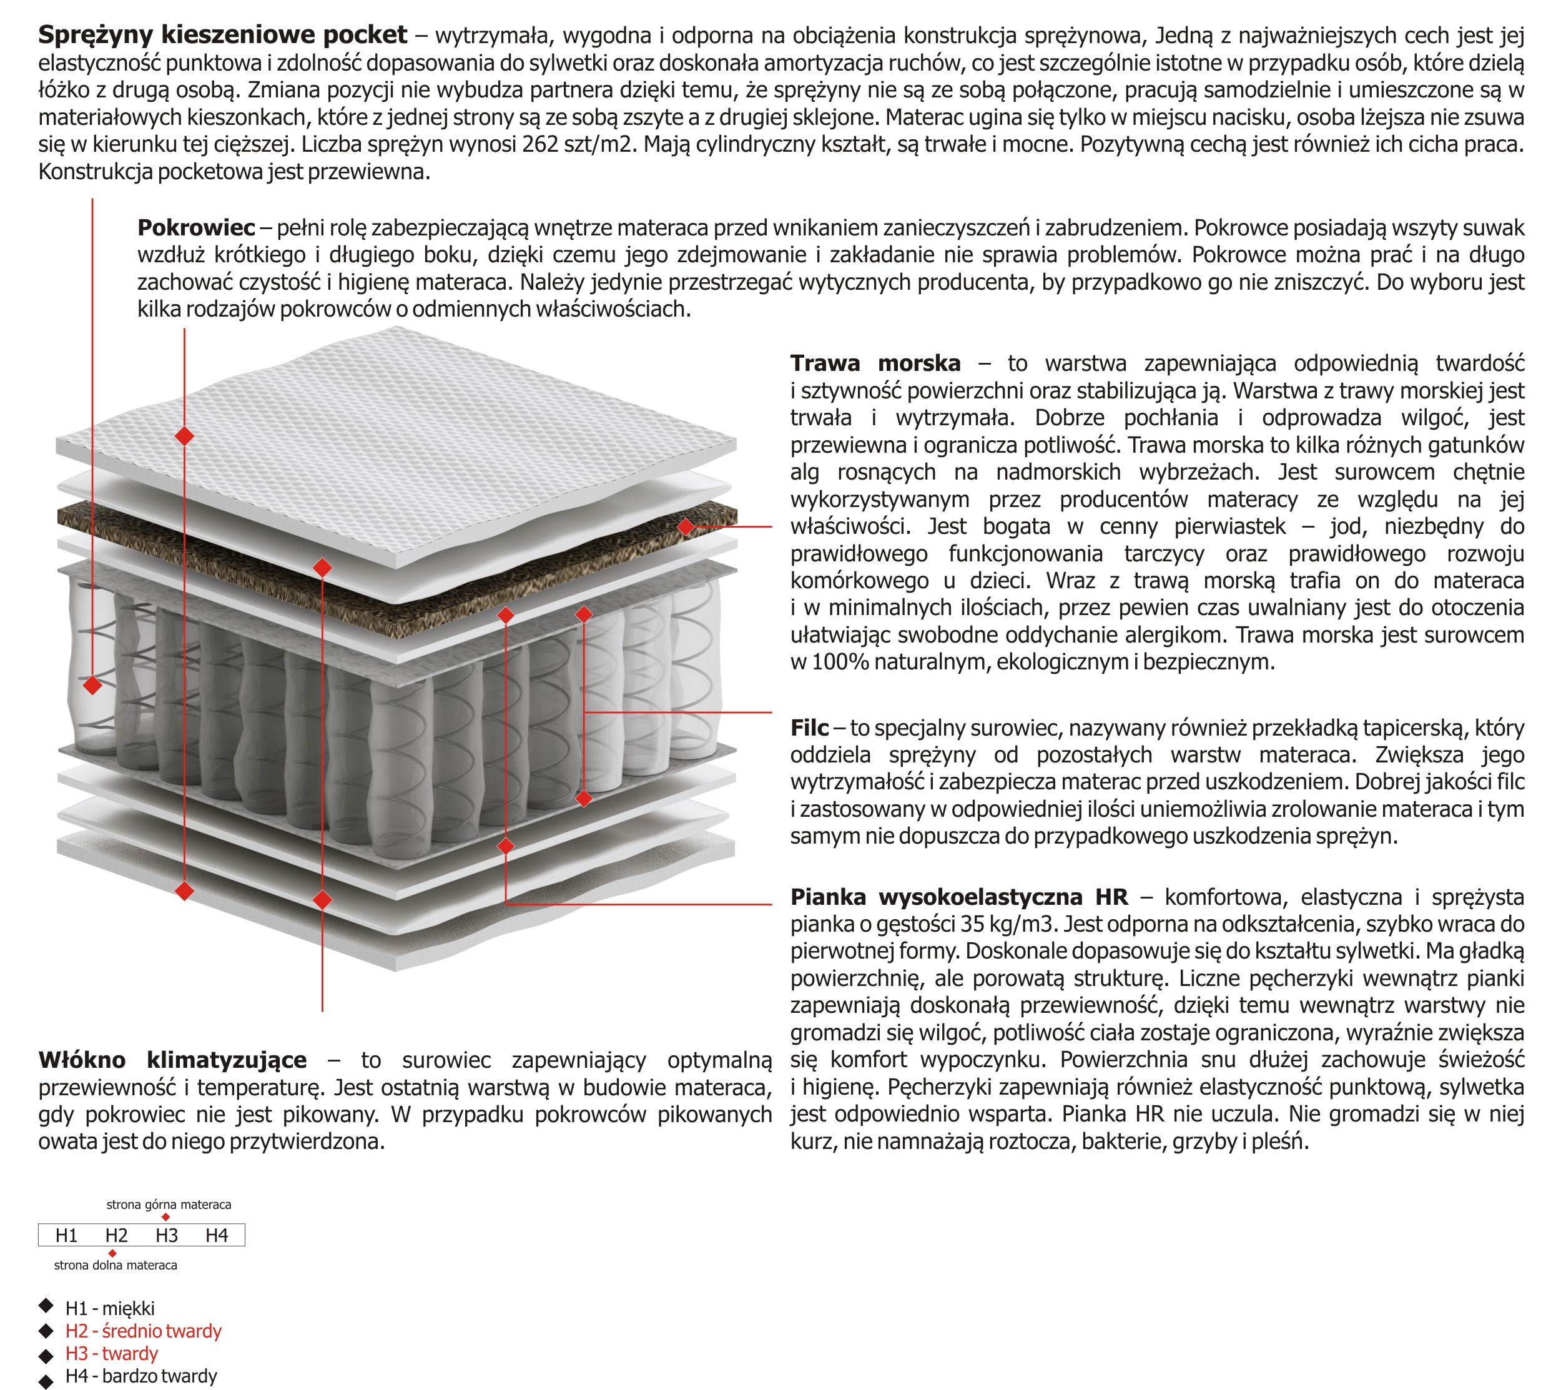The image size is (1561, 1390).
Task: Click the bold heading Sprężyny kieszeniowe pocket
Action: click(x=222, y=35)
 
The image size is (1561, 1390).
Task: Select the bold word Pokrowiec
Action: click(x=196, y=227)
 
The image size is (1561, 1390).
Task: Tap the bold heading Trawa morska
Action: click(x=875, y=363)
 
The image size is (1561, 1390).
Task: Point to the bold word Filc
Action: click(x=809, y=728)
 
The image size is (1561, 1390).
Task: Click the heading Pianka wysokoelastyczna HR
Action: click(x=958, y=897)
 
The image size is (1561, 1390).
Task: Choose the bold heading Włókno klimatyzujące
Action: click(x=172, y=1060)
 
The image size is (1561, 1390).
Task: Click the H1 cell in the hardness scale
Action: click(x=66, y=1236)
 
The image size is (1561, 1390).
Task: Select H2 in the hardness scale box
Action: click(x=116, y=1236)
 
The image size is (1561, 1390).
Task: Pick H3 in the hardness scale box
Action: click(x=167, y=1236)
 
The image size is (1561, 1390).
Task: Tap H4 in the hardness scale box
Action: click(x=217, y=1236)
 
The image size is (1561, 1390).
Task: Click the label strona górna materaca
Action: click(x=169, y=1205)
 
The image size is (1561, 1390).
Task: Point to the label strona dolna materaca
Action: click(x=116, y=1266)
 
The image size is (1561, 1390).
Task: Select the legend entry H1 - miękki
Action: click(x=110, y=1308)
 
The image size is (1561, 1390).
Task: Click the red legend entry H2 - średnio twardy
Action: click(x=143, y=1331)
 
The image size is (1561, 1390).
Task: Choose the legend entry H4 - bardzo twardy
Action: click(x=140, y=1376)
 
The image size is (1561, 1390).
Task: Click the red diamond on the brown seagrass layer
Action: click(x=686, y=526)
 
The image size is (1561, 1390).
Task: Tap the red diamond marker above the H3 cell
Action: click(x=165, y=1218)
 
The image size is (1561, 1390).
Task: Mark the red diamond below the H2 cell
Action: click(x=112, y=1253)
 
